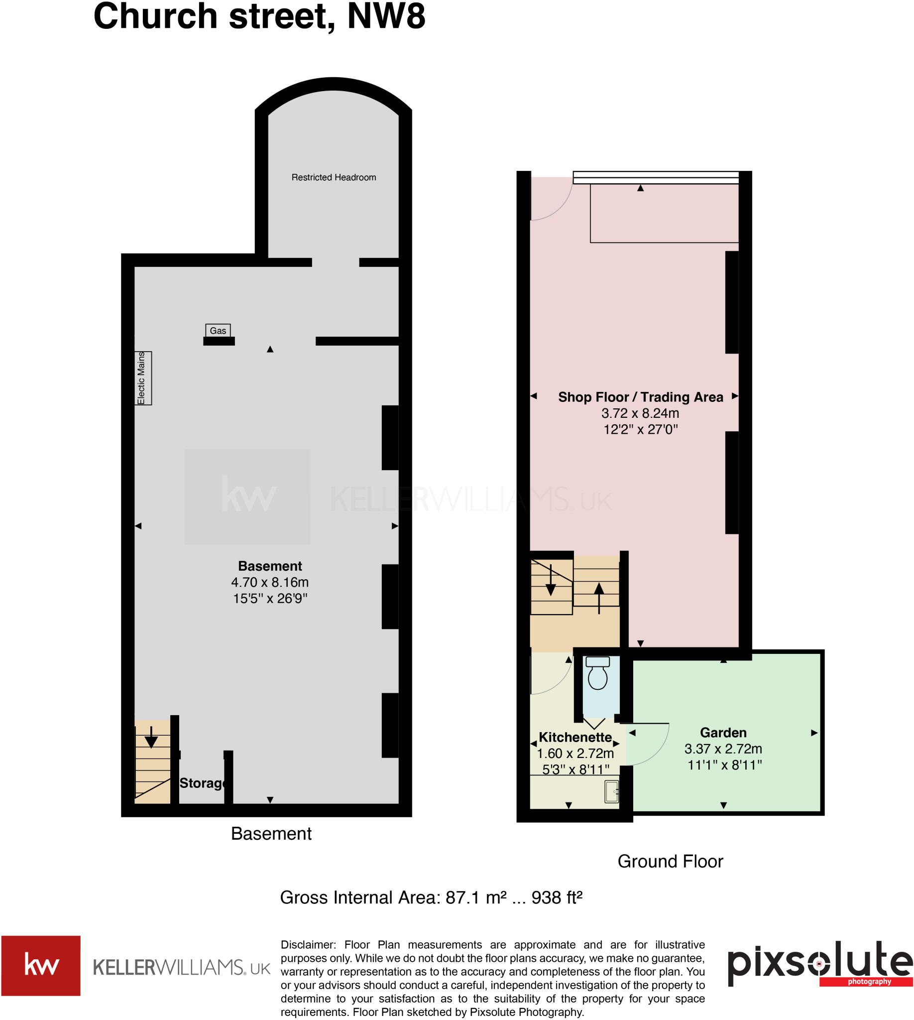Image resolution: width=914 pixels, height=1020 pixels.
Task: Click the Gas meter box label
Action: pyautogui.click(x=218, y=330)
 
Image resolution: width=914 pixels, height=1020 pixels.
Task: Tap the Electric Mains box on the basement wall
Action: pyautogui.click(x=143, y=378)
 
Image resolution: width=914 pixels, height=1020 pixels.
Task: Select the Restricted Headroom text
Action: pyautogui.click(x=334, y=177)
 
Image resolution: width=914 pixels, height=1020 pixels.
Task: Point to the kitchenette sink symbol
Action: pyautogui.click(x=611, y=791)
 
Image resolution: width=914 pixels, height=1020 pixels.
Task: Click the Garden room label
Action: pyautogui.click(x=723, y=733)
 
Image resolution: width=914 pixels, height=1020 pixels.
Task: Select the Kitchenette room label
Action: pyautogui.click(x=575, y=737)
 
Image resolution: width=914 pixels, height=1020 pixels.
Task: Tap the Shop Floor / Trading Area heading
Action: pyautogui.click(x=640, y=397)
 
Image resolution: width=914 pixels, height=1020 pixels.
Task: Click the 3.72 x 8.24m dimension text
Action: pyautogui.click(x=640, y=413)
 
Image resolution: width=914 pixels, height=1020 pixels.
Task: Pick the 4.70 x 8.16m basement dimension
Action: pyautogui.click(x=270, y=582)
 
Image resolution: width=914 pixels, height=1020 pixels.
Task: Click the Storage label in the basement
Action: pyautogui.click(x=202, y=783)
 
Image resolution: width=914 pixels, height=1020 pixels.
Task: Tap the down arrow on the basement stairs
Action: pyautogui.click(x=151, y=739)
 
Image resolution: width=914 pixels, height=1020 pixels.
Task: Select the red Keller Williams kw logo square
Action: pyautogui.click(x=41, y=965)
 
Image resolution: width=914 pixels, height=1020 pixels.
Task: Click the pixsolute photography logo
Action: pyautogui.click(x=819, y=965)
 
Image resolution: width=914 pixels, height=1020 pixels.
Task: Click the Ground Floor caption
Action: pyautogui.click(x=670, y=861)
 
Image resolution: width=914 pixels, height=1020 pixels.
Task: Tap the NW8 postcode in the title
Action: pyautogui.click(x=386, y=16)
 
